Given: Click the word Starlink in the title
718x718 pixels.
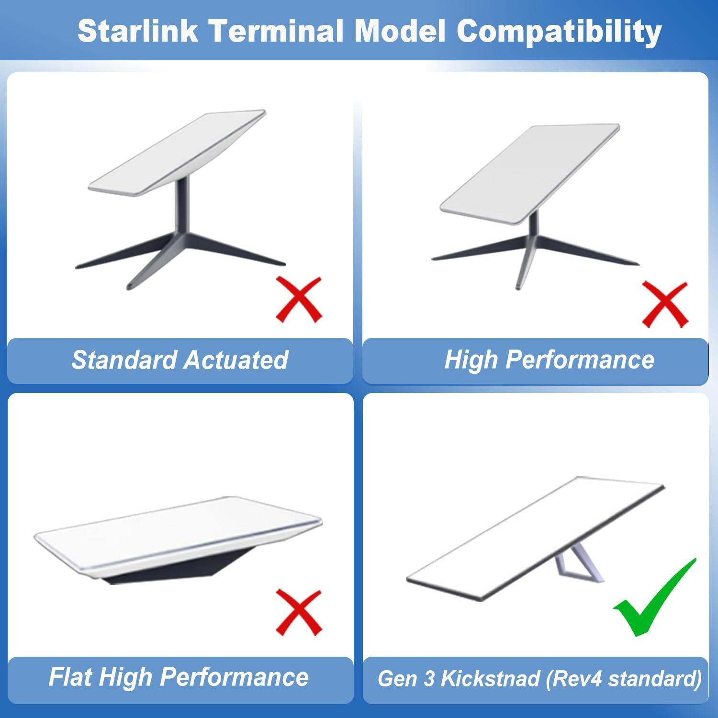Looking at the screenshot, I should coord(137,31).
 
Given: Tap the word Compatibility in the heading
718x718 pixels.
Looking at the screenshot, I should coord(559,32).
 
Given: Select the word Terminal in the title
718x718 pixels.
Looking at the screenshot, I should coord(276,31).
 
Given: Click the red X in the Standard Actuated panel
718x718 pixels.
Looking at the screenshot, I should coord(299,300).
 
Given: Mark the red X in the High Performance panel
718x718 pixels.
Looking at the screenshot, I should coord(664,304).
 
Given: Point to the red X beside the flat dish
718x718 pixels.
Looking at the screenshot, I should coord(299,613).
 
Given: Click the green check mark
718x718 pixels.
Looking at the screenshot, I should coord(653,598).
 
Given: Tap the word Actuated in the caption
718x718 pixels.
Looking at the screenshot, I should coord(236,360).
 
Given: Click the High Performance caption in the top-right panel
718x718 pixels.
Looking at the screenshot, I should coord(549,359).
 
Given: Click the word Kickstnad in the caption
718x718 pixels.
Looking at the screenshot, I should coord(490,679).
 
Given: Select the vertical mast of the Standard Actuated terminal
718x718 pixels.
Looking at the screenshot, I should coord(183,206).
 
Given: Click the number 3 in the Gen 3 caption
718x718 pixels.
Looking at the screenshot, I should coord(429,679).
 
